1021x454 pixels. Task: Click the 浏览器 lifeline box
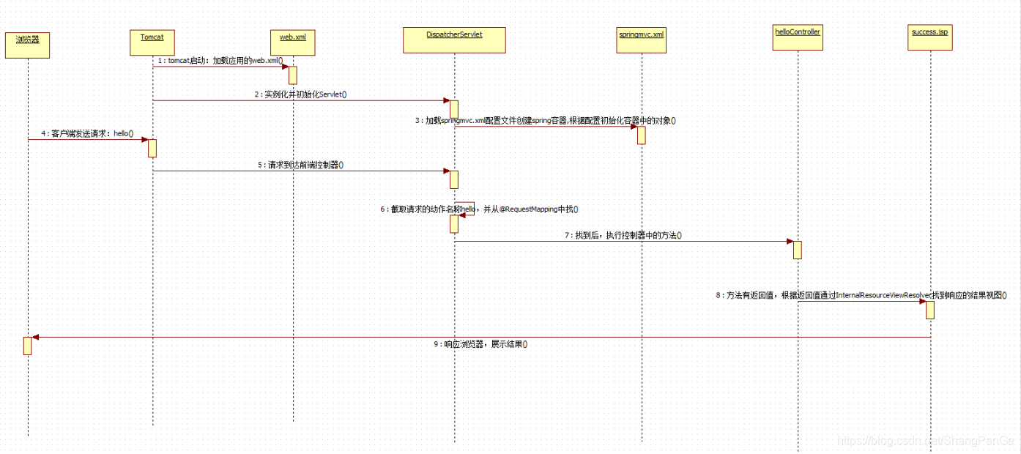click(x=27, y=45)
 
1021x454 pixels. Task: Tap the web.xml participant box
click(x=293, y=42)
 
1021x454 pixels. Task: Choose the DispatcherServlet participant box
click(x=454, y=40)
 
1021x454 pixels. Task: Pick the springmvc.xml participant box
click(x=642, y=42)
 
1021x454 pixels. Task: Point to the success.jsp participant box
click(x=929, y=38)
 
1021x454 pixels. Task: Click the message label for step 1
click(x=220, y=61)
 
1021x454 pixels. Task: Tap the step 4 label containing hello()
click(x=88, y=134)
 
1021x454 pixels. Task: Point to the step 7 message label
click(x=623, y=235)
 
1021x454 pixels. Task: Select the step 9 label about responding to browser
click(x=480, y=343)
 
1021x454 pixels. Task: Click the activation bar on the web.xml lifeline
click(x=292, y=75)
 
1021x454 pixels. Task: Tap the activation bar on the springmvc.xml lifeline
click(x=641, y=135)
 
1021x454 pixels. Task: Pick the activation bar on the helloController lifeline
click(x=797, y=250)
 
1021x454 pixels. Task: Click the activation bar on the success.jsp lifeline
click(x=929, y=310)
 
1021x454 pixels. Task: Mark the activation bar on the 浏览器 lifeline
click(x=27, y=346)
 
